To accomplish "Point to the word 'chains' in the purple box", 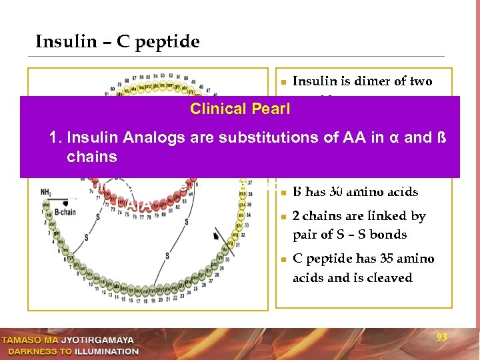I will point(92,157).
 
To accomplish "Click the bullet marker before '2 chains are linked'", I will point(283,217).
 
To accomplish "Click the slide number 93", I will point(441,338).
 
